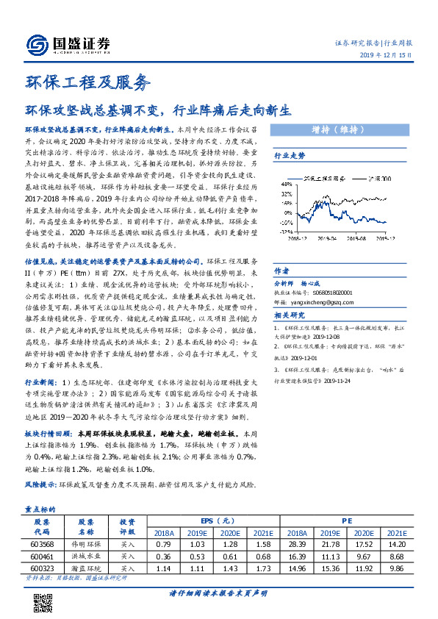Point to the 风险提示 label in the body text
[40, 486]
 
